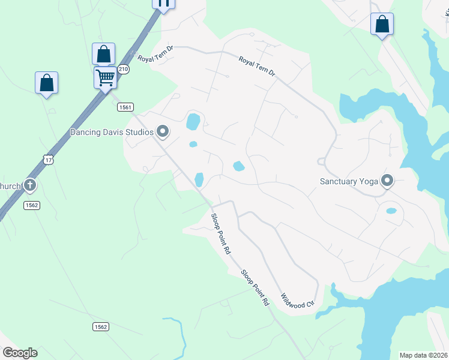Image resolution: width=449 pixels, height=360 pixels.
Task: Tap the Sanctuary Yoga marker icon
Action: click(x=387, y=180)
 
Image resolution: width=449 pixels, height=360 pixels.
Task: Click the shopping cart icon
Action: click(x=105, y=77)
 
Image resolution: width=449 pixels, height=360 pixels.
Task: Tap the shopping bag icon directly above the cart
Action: click(x=104, y=54)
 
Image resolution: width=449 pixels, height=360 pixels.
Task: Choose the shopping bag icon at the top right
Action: click(x=382, y=25)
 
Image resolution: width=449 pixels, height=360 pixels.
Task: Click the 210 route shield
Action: click(x=123, y=70)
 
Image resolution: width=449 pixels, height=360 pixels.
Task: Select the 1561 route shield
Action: click(x=124, y=107)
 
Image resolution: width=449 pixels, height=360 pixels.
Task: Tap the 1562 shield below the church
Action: click(x=32, y=205)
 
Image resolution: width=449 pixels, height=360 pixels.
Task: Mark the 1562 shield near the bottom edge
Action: click(x=101, y=326)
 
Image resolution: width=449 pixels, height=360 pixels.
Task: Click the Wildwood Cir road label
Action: click(x=297, y=300)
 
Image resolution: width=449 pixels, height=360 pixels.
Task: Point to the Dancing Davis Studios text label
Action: click(x=112, y=131)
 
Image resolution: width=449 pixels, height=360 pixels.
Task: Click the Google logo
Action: click(x=20, y=353)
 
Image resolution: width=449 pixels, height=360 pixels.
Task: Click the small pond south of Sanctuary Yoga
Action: click(x=391, y=211)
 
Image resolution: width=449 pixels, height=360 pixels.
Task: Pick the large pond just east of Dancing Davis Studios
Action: click(x=193, y=122)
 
